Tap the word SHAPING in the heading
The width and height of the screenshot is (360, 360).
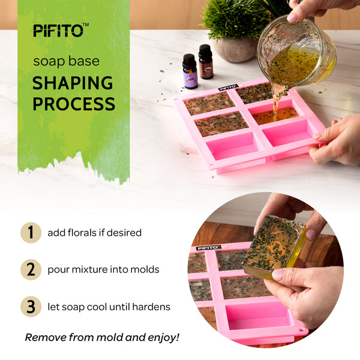pyautogui.click(x=73, y=83)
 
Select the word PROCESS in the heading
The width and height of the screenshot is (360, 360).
pyautogui.click(x=74, y=104)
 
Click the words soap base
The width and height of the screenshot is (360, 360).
pyautogui.click(x=67, y=62)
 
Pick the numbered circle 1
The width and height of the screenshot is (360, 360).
pyautogui.click(x=31, y=233)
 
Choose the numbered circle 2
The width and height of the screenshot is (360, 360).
pyautogui.click(x=31, y=269)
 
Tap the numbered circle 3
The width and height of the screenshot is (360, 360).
pyautogui.click(x=31, y=307)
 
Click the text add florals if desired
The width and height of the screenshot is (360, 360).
pyautogui.click(x=95, y=233)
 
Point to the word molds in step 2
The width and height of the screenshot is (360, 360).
pyautogui.click(x=145, y=269)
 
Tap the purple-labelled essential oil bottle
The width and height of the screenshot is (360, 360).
pyautogui.click(x=190, y=71)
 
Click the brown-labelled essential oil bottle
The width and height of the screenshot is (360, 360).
pyautogui.click(x=206, y=62)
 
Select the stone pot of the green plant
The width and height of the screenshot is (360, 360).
pyautogui.click(x=236, y=49)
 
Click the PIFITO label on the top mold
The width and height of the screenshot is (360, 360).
pyautogui.click(x=227, y=88)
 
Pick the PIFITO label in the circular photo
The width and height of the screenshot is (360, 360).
pyautogui.click(x=208, y=248)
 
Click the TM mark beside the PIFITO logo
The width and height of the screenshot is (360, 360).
pyautogui.click(x=85, y=25)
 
